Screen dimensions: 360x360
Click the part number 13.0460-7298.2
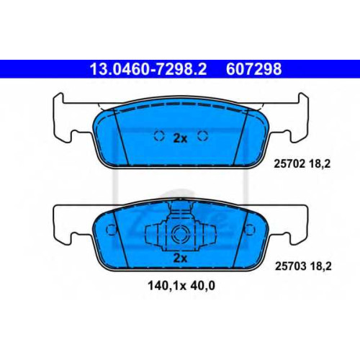point(148,69)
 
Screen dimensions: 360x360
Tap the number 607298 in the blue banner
point(253,69)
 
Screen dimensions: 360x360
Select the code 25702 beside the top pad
point(289,164)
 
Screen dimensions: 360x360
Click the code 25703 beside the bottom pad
point(290,266)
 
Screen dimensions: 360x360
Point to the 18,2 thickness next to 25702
point(320,164)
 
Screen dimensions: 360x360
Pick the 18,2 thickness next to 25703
point(320,266)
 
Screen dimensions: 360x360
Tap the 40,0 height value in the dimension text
point(203,286)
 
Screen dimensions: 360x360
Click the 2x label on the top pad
point(180,138)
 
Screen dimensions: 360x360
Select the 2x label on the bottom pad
point(180,258)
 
